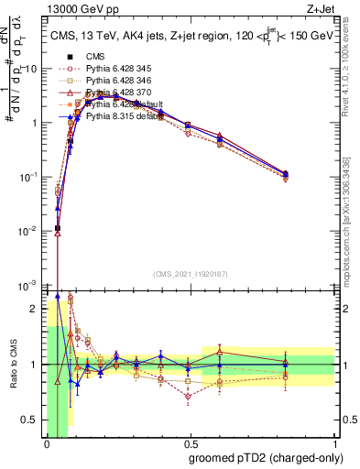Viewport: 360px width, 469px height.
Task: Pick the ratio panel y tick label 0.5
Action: [29, 420]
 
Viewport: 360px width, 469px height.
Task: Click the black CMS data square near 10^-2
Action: [58, 228]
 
